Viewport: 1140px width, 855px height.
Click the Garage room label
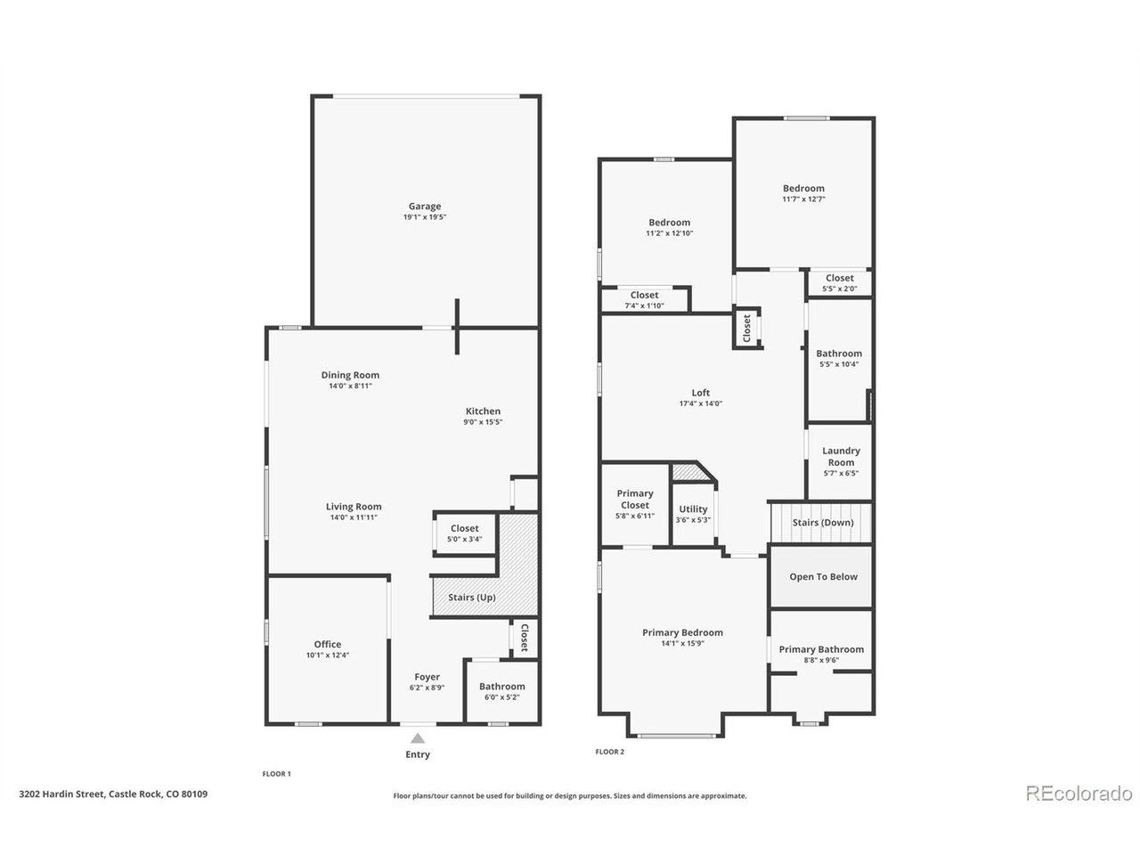(x=425, y=207)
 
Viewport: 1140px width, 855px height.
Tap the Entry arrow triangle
(x=418, y=737)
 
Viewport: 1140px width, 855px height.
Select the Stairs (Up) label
(x=472, y=597)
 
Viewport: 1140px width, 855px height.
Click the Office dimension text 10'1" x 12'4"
(x=327, y=655)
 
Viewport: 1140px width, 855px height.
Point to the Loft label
(x=701, y=393)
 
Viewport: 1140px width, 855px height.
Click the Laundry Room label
(x=841, y=457)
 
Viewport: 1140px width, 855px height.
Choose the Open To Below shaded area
(x=823, y=577)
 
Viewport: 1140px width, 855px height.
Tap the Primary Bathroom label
(x=821, y=649)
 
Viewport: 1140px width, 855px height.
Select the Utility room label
(x=693, y=509)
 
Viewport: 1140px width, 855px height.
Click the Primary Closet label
(x=635, y=499)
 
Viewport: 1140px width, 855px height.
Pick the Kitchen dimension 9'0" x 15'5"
(x=483, y=422)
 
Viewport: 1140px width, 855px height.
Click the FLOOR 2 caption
(x=610, y=752)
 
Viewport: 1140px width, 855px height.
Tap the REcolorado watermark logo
(x=1079, y=792)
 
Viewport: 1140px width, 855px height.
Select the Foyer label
(x=427, y=677)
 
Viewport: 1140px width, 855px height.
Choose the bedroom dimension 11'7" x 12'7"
(x=803, y=199)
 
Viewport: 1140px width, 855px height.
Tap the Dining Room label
(x=350, y=375)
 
